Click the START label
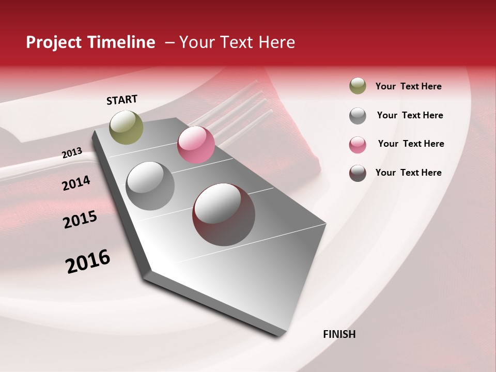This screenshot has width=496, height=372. [122, 100]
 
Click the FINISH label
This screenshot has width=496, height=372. [339, 334]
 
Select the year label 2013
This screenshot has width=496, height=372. [72, 153]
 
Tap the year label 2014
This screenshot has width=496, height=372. [76, 183]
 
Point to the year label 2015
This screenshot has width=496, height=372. [80, 220]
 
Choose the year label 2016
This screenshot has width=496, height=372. [88, 261]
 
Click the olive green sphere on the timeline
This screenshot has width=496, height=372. [126, 127]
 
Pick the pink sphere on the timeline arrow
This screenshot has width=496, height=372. [196, 145]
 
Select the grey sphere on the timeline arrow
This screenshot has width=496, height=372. [150, 186]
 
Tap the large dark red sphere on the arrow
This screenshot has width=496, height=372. [224, 214]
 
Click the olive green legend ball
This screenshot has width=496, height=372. [358, 86]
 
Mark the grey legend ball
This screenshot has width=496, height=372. [358, 116]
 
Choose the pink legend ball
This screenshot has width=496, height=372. [358, 145]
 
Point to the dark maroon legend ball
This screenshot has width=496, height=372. [358, 173]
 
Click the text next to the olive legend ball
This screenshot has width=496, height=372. [408, 86]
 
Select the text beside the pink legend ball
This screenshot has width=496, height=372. [411, 144]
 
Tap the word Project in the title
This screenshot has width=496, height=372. [54, 42]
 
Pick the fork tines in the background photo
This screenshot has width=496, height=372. [248, 103]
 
